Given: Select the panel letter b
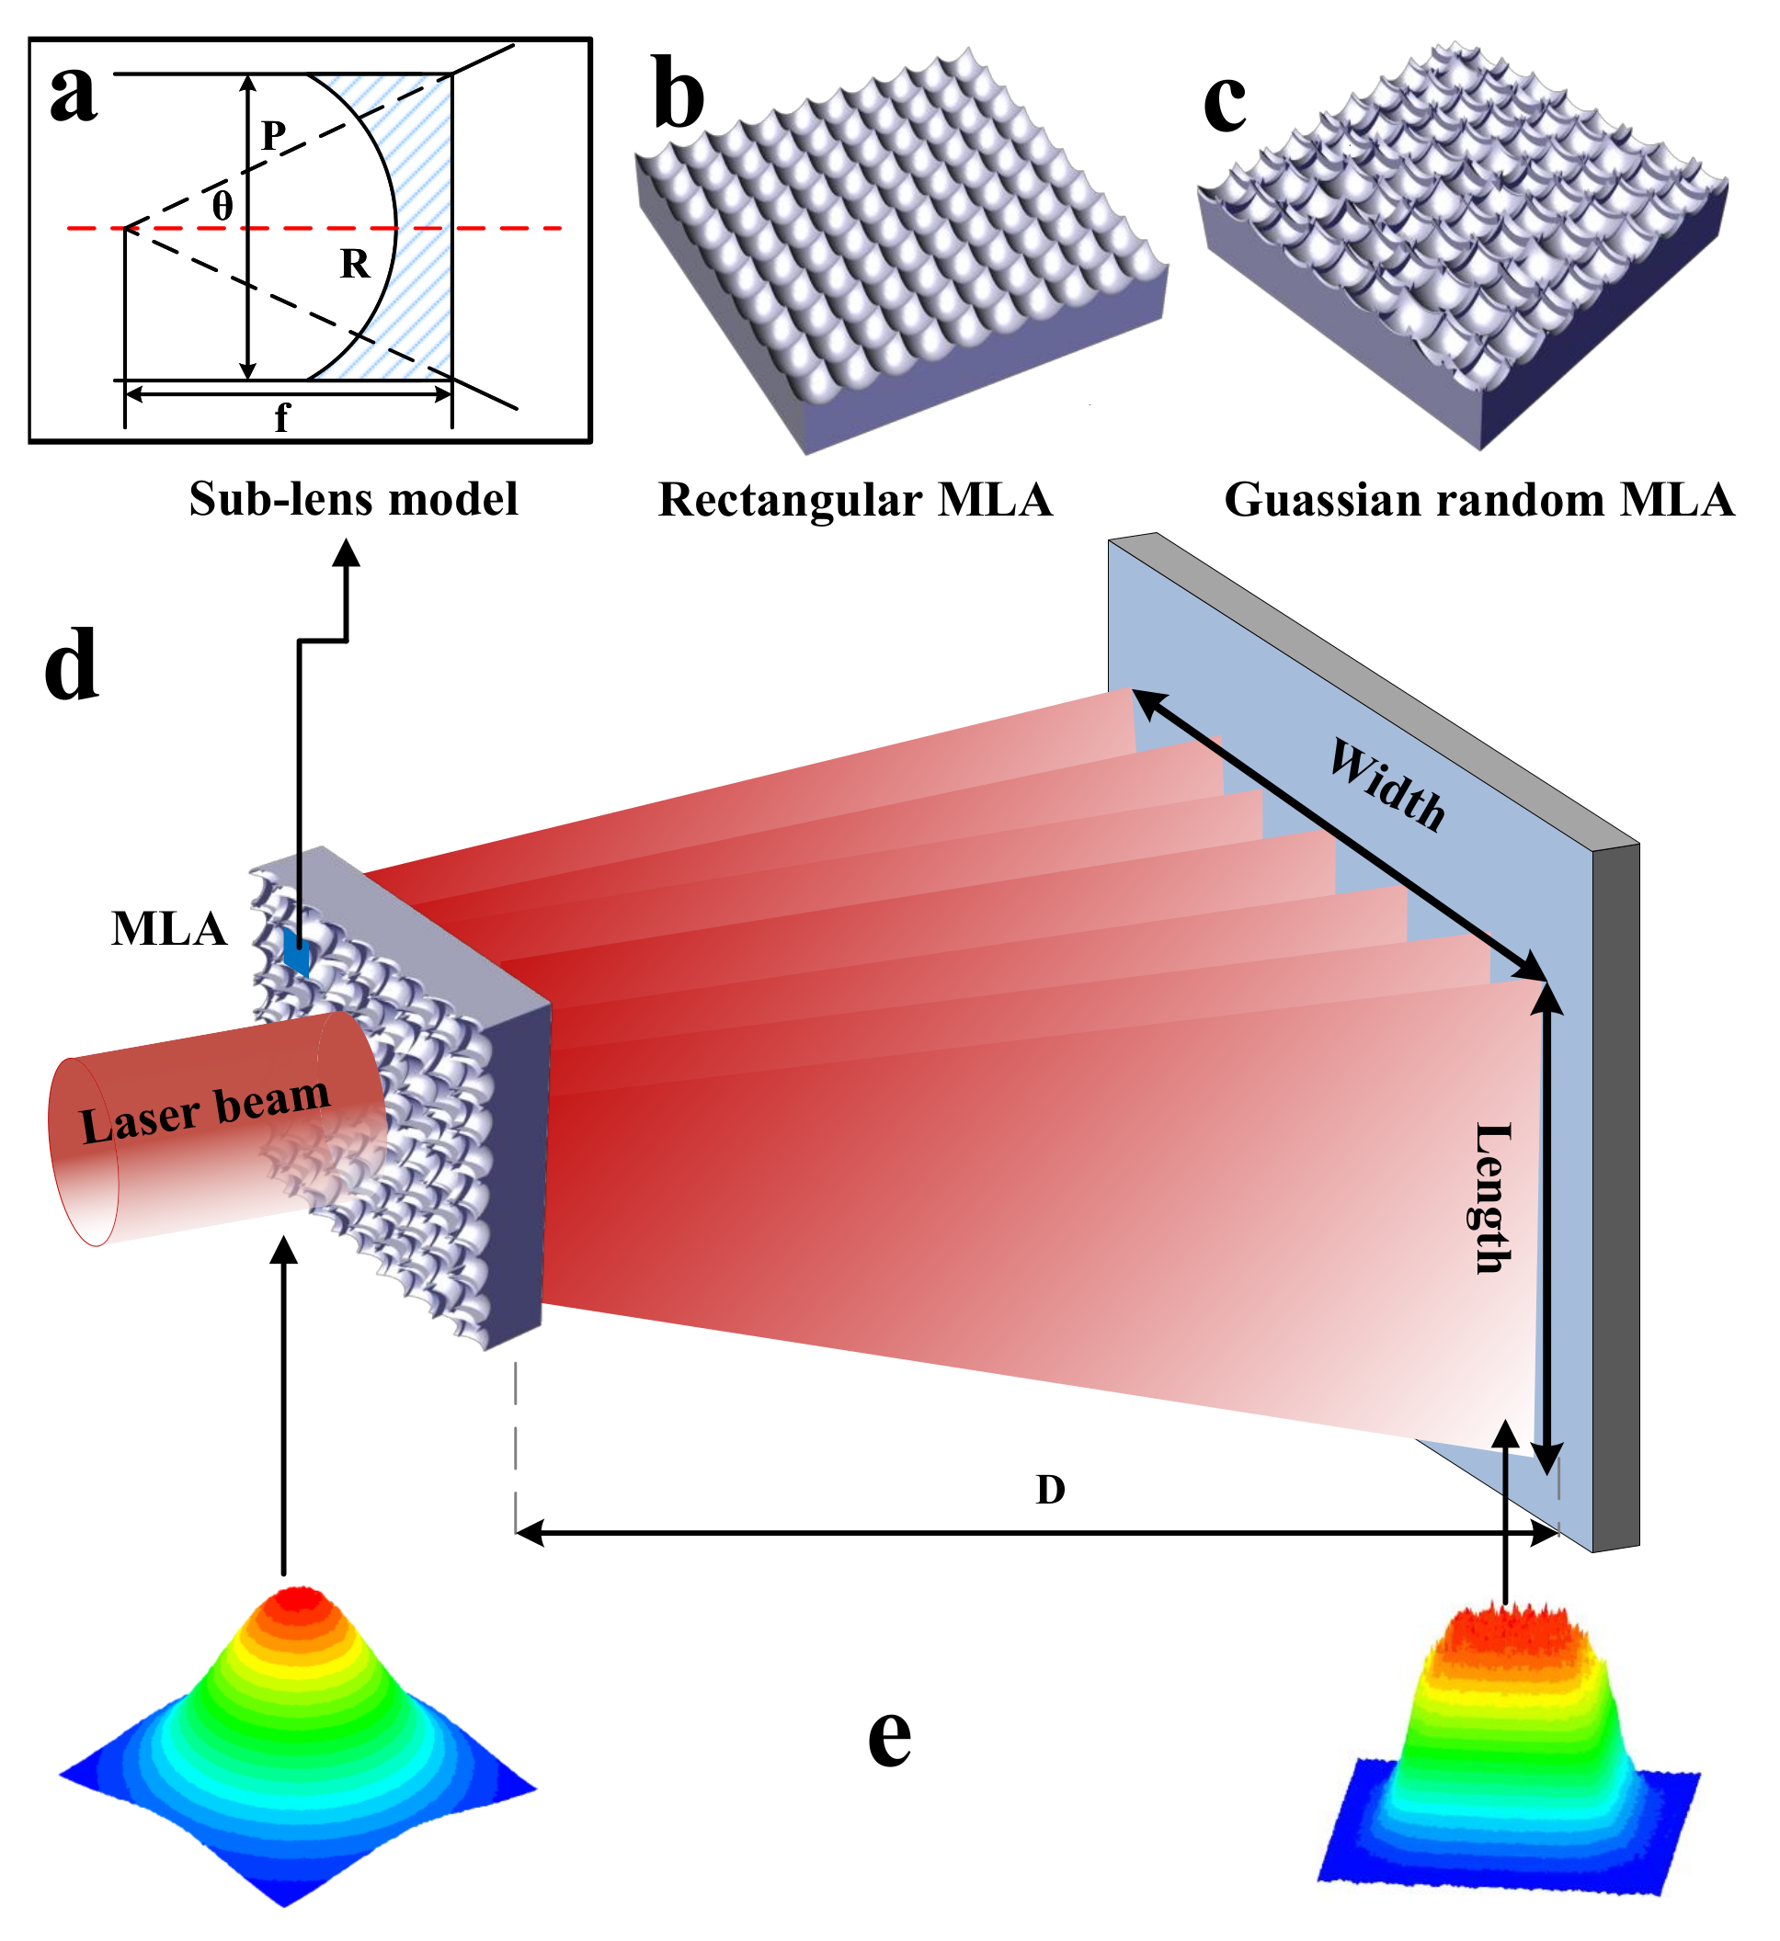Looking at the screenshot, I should coord(680,96).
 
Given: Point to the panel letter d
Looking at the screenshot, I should coord(72,664).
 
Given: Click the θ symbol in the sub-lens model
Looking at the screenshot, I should coord(222,205).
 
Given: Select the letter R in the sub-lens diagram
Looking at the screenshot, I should coord(355,264).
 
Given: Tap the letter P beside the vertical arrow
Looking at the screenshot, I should coord(275,136).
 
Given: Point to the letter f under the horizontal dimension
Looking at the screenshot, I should coord(281,417).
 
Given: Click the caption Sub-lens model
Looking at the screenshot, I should coord(352,499).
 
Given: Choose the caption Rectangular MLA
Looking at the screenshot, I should coord(855,500).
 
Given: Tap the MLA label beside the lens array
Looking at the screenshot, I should coord(168,929).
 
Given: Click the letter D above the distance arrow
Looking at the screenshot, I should coord(1050,1491).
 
